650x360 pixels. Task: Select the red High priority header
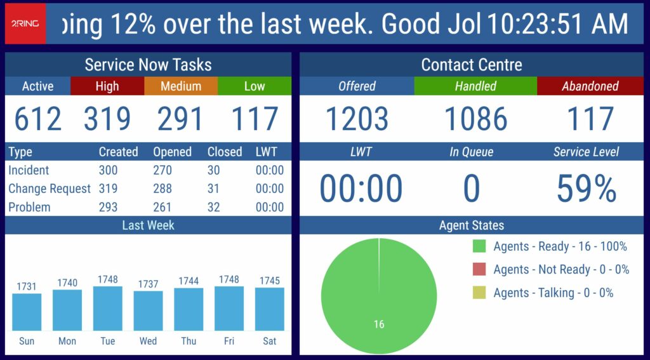[x=107, y=86]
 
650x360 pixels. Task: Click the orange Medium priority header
[x=181, y=86]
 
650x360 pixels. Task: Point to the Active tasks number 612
[x=38, y=119]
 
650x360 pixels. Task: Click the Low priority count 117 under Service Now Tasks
[x=255, y=119]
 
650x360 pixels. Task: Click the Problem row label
[x=29, y=207]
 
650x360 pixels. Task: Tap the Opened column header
[x=172, y=152]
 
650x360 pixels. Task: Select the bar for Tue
[x=107, y=308]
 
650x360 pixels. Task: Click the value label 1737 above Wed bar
[x=148, y=284]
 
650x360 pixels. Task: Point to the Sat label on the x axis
[x=270, y=341]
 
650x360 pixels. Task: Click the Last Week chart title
[x=148, y=225]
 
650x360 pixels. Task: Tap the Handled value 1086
[x=475, y=119]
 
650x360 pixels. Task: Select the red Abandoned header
[x=590, y=86]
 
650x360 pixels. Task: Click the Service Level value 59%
[x=587, y=189]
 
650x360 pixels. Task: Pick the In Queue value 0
[x=471, y=189]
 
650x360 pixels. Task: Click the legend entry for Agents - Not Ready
[x=552, y=270]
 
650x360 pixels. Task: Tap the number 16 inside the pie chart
[x=379, y=324]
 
